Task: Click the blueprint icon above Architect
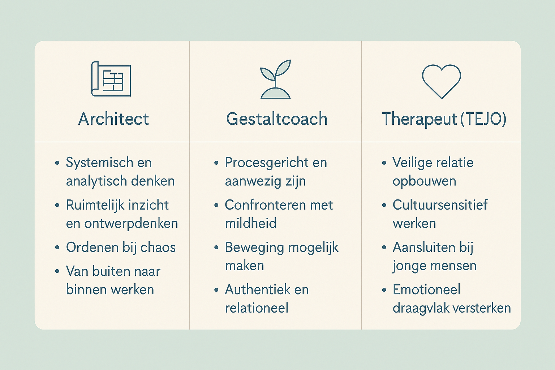pyautogui.click(x=111, y=79)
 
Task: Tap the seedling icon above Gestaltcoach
pyautogui.click(x=275, y=79)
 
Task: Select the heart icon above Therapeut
pyautogui.click(x=441, y=82)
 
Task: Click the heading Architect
pyautogui.click(x=113, y=119)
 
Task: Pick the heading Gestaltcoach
pyautogui.click(x=277, y=119)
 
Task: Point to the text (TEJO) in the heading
pyautogui.click(x=483, y=119)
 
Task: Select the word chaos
pyautogui.click(x=158, y=247)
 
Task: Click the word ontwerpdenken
pyautogui.click(x=131, y=224)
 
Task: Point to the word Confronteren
pyautogui.click(x=265, y=205)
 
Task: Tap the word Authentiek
pyautogui.click(x=257, y=289)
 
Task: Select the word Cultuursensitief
pyautogui.click(x=440, y=205)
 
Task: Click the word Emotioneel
pyautogui.click(x=426, y=289)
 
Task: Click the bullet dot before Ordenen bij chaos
pyautogui.click(x=57, y=248)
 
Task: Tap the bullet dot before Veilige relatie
pyautogui.click(x=384, y=163)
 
